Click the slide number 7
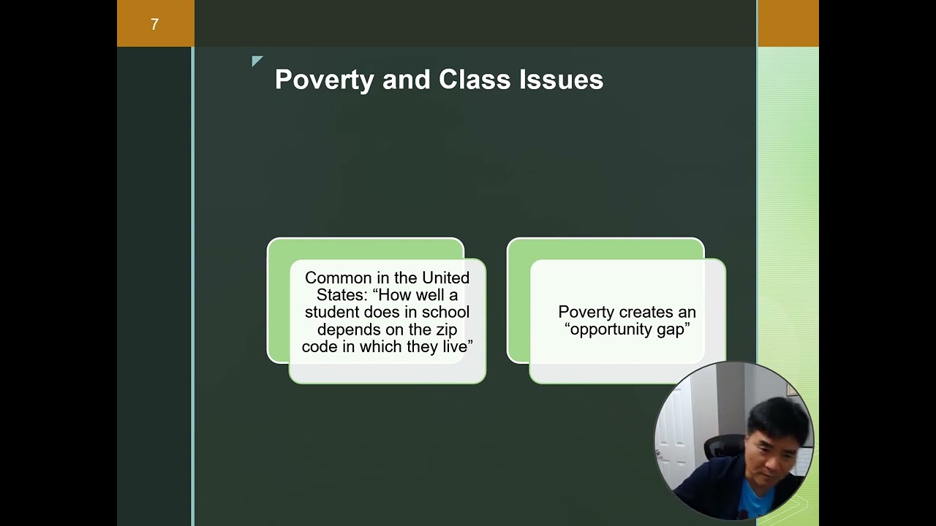[154, 25]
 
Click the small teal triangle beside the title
[257, 61]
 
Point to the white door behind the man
[676, 431]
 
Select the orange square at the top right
[788, 23]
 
